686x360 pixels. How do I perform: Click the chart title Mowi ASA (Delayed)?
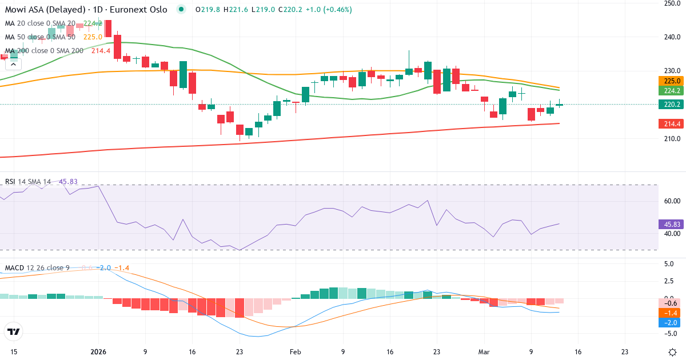[45, 10]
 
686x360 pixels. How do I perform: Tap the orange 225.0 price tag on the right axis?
[671, 81]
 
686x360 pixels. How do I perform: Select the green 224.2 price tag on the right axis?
[671, 91]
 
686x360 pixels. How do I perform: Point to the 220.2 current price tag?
[671, 104]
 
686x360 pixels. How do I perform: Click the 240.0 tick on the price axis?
[671, 37]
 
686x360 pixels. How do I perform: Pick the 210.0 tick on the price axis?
[671, 139]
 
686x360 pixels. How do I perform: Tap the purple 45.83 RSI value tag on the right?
[671, 225]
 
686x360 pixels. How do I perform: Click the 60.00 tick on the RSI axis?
[671, 201]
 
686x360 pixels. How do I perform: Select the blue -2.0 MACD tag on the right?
[671, 322]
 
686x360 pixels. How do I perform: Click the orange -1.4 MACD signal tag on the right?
[671, 313]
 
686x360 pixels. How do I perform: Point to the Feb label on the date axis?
[295, 351]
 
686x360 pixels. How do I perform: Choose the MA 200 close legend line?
[44, 51]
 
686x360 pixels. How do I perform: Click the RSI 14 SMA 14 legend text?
[28, 182]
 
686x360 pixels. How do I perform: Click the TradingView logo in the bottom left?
[14, 331]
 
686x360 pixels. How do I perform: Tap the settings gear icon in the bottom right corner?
[672, 351]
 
